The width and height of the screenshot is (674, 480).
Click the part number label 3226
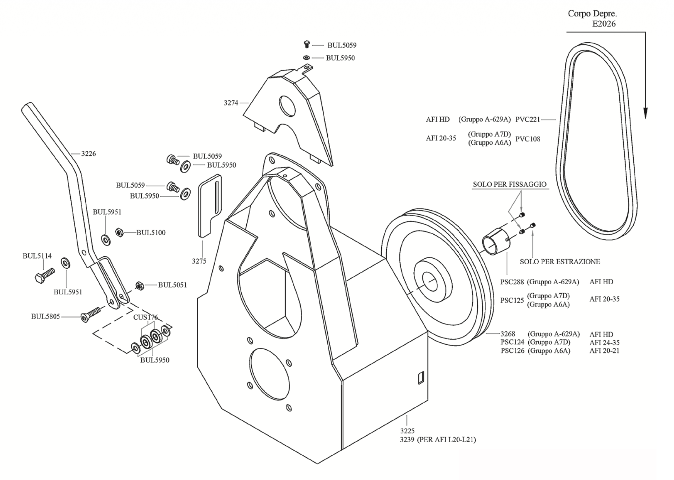(88, 154)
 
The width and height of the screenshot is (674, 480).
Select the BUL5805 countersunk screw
(91, 314)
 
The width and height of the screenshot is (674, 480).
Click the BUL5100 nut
(119, 232)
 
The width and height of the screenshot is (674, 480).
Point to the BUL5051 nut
(140, 285)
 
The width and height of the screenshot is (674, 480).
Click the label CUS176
(145, 317)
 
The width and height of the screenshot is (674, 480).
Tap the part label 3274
(231, 103)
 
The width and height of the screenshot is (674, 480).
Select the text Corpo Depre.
(592, 14)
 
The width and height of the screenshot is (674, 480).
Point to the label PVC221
(528, 120)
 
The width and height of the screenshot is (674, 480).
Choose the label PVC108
(528, 139)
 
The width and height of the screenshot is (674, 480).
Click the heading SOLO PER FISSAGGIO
(509, 184)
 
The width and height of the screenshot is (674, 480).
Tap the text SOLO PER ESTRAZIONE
(559, 262)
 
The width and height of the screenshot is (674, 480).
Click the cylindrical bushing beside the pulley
(496, 242)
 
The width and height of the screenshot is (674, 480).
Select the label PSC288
(512, 282)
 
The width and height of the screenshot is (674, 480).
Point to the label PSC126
(512, 351)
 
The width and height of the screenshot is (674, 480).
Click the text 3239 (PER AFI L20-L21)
(438, 440)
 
